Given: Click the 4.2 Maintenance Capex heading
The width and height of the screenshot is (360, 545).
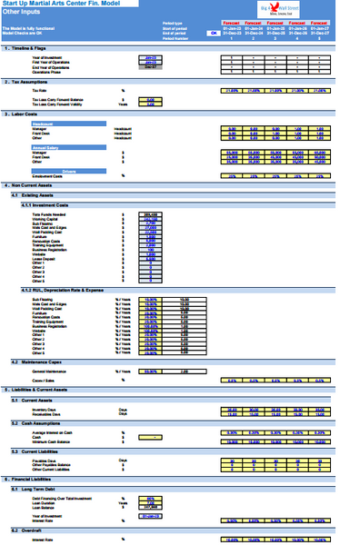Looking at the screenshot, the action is click(41, 362).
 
